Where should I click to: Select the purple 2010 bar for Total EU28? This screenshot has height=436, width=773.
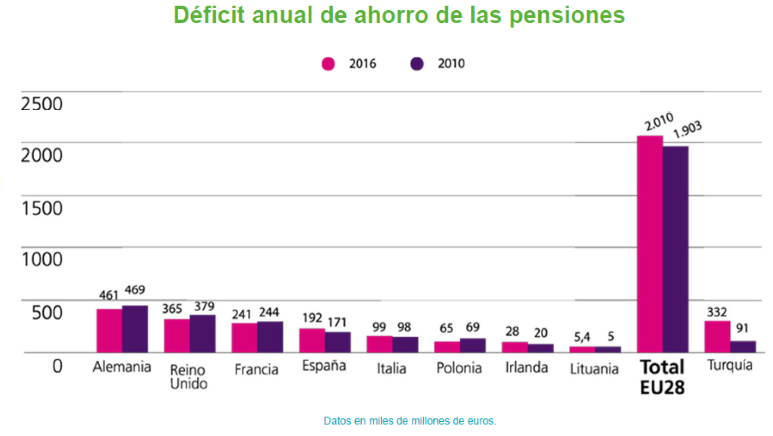(675, 249)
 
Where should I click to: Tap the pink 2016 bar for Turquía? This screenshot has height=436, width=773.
(717, 336)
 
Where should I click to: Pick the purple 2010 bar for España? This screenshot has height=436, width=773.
(338, 342)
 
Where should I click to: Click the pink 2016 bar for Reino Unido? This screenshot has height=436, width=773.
(177, 335)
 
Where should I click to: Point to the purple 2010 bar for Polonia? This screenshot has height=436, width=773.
(473, 345)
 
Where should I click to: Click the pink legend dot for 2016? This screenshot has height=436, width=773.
(328, 64)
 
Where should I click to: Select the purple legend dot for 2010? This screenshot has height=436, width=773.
(417, 64)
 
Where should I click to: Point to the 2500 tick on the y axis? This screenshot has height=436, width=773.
(42, 104)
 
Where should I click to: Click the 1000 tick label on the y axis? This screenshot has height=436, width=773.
(42, 259)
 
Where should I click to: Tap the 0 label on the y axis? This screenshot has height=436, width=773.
(57, 366)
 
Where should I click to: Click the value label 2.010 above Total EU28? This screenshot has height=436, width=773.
(659, 122)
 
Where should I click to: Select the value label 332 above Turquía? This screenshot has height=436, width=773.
(716, 312)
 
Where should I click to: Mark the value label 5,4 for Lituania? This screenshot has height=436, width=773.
(582, 337)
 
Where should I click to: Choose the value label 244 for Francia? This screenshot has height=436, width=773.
(269, 312)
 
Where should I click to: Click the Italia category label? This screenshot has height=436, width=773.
(391, 368)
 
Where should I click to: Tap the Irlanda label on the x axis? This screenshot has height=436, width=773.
(527, 367)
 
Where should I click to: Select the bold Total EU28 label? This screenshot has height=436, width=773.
(662, 376)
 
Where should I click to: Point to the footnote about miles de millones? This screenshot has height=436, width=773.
(410, 421)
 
